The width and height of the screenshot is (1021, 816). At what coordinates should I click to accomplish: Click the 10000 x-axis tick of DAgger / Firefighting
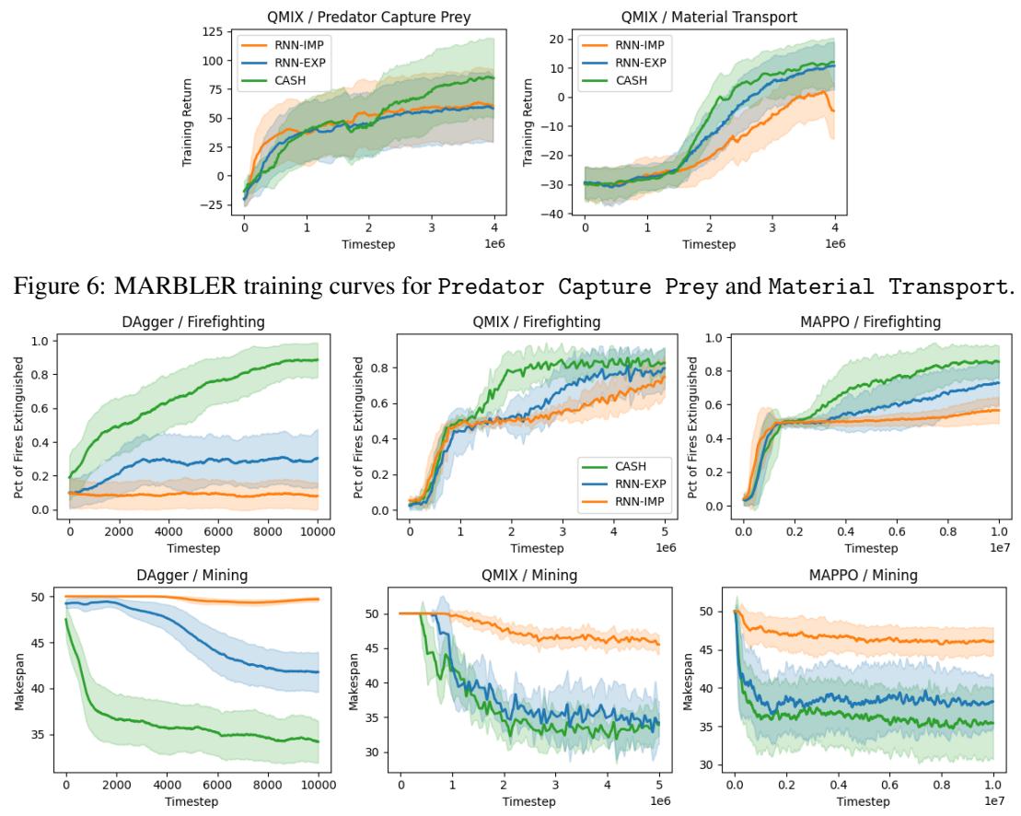[x=318, y=532]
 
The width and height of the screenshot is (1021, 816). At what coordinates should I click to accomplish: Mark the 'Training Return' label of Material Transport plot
[x=528, y=122]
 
